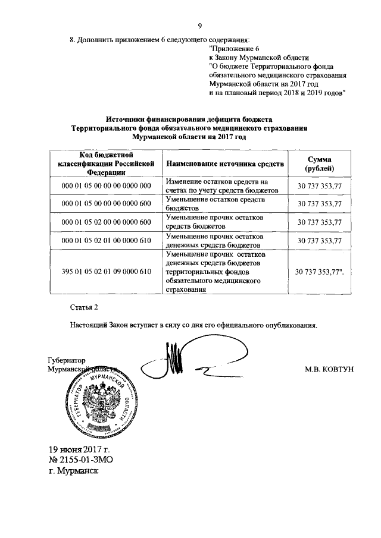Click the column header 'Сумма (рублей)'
(x=320, y=163)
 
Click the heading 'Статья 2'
(x=83, y=307)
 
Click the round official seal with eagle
(x=101, y=401)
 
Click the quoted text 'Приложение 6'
(x=235, y=47)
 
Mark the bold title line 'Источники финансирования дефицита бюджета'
(x=189, y=118)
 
